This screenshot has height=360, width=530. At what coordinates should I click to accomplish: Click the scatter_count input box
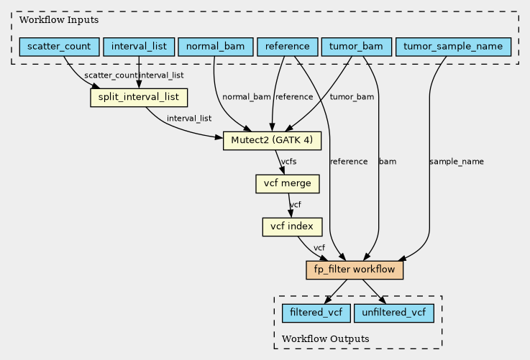tap(59, 47)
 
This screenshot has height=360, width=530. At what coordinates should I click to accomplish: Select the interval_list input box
tap(139, 47)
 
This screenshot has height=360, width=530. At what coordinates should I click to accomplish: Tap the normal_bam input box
tap(215, 47)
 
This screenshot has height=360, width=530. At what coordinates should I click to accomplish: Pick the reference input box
tap(288, 47)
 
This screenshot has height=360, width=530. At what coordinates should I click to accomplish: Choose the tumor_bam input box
tap(356, 47)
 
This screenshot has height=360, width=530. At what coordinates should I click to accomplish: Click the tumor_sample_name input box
tap(453, 47)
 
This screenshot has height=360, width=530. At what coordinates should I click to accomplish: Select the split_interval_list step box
tap(139, 98)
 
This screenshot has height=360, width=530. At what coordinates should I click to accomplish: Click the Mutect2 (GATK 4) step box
tap(272, 141)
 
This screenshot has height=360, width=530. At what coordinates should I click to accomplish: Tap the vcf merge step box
tap(288, 184)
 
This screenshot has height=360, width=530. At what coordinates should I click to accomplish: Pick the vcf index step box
tap(292, 226)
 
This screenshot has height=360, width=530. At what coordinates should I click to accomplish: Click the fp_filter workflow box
tap(355, 270)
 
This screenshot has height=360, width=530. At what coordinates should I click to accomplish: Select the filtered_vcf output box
tap(316, 313)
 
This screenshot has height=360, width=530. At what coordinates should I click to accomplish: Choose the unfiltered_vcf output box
tap(394, 313)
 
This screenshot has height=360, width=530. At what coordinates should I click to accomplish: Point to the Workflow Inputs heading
tap(59, 20)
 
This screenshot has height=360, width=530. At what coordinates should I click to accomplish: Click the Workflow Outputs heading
tap(326, 338)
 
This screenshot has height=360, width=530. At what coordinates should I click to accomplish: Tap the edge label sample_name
tap(457, 162)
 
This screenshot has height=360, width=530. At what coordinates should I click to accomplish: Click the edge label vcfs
tap(288, 162)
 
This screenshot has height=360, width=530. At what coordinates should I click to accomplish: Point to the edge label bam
tap(388, 162)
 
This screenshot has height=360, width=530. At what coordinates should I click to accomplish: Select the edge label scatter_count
tap(111, 75)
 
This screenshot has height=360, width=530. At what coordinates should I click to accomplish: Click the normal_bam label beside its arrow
tap(247, 97)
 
